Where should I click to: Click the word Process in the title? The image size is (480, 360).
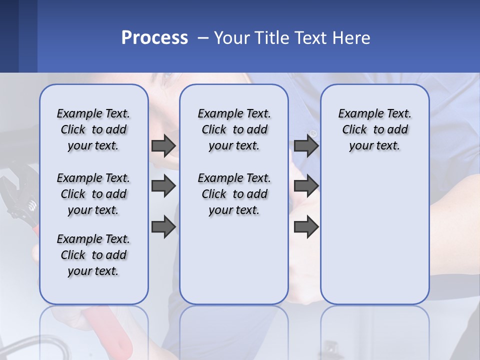point(154,38)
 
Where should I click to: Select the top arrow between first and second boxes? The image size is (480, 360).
point(163,145)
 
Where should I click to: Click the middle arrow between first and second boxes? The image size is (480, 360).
point(163,186)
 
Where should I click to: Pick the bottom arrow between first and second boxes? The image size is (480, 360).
point(163,227)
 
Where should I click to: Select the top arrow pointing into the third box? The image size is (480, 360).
point(306,145)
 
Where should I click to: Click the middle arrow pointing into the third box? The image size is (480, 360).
point(306,186)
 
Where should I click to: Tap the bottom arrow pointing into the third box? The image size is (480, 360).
point(306,227)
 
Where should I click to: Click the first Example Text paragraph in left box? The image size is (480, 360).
point(93,129)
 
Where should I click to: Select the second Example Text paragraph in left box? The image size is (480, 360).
point(93,194)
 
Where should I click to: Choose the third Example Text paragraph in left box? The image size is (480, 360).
point(93,255)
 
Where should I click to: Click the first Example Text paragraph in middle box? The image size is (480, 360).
point(234,129)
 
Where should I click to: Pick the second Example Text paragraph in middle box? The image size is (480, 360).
point(234,194)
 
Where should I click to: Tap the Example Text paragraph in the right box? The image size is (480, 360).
point(375,129)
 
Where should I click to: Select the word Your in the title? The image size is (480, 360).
point(232,38)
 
